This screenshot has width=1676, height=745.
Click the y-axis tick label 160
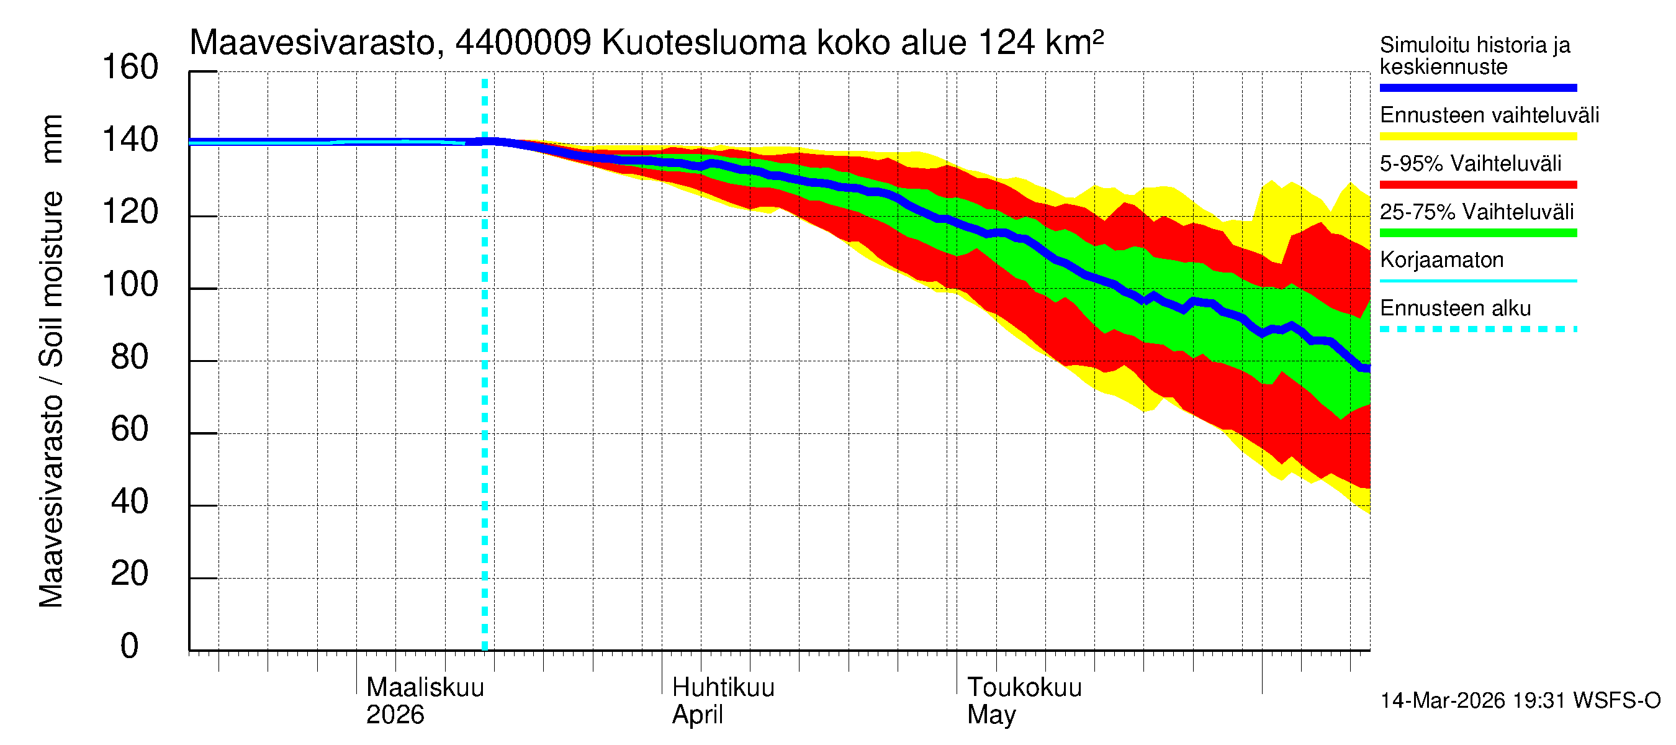tap(130, 68)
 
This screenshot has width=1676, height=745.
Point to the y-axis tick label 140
tap(130, 140)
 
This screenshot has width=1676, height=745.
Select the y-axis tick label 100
tap(130, 285)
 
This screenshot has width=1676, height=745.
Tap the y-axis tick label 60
tap(130, 430)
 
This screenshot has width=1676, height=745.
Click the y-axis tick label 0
tap(130, 646)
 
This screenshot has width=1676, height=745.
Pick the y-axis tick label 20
tap(130, 574)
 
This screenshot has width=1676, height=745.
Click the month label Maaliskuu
tap(425, 688)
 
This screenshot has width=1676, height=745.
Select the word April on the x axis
tap(697, 715)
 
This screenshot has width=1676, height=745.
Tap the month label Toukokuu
tap(1024, 688)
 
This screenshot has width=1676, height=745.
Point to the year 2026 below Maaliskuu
tap(395, 715)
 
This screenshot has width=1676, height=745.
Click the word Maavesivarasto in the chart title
tap(312, 43)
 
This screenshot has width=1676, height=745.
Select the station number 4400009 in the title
tap(523, 43)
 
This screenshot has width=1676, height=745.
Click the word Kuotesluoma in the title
tap(704, 43)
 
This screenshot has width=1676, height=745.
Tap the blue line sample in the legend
tap(1477, 88)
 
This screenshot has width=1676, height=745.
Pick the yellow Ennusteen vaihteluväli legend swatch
tap(1477, 137)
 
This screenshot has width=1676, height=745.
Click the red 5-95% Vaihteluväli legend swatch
tap(1477, 185)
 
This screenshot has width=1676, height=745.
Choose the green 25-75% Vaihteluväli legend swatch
tap(1477, 233)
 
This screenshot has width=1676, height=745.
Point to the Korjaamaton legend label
tap(1441, 260)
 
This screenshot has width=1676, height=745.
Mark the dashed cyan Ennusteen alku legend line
tap(1477, 329)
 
